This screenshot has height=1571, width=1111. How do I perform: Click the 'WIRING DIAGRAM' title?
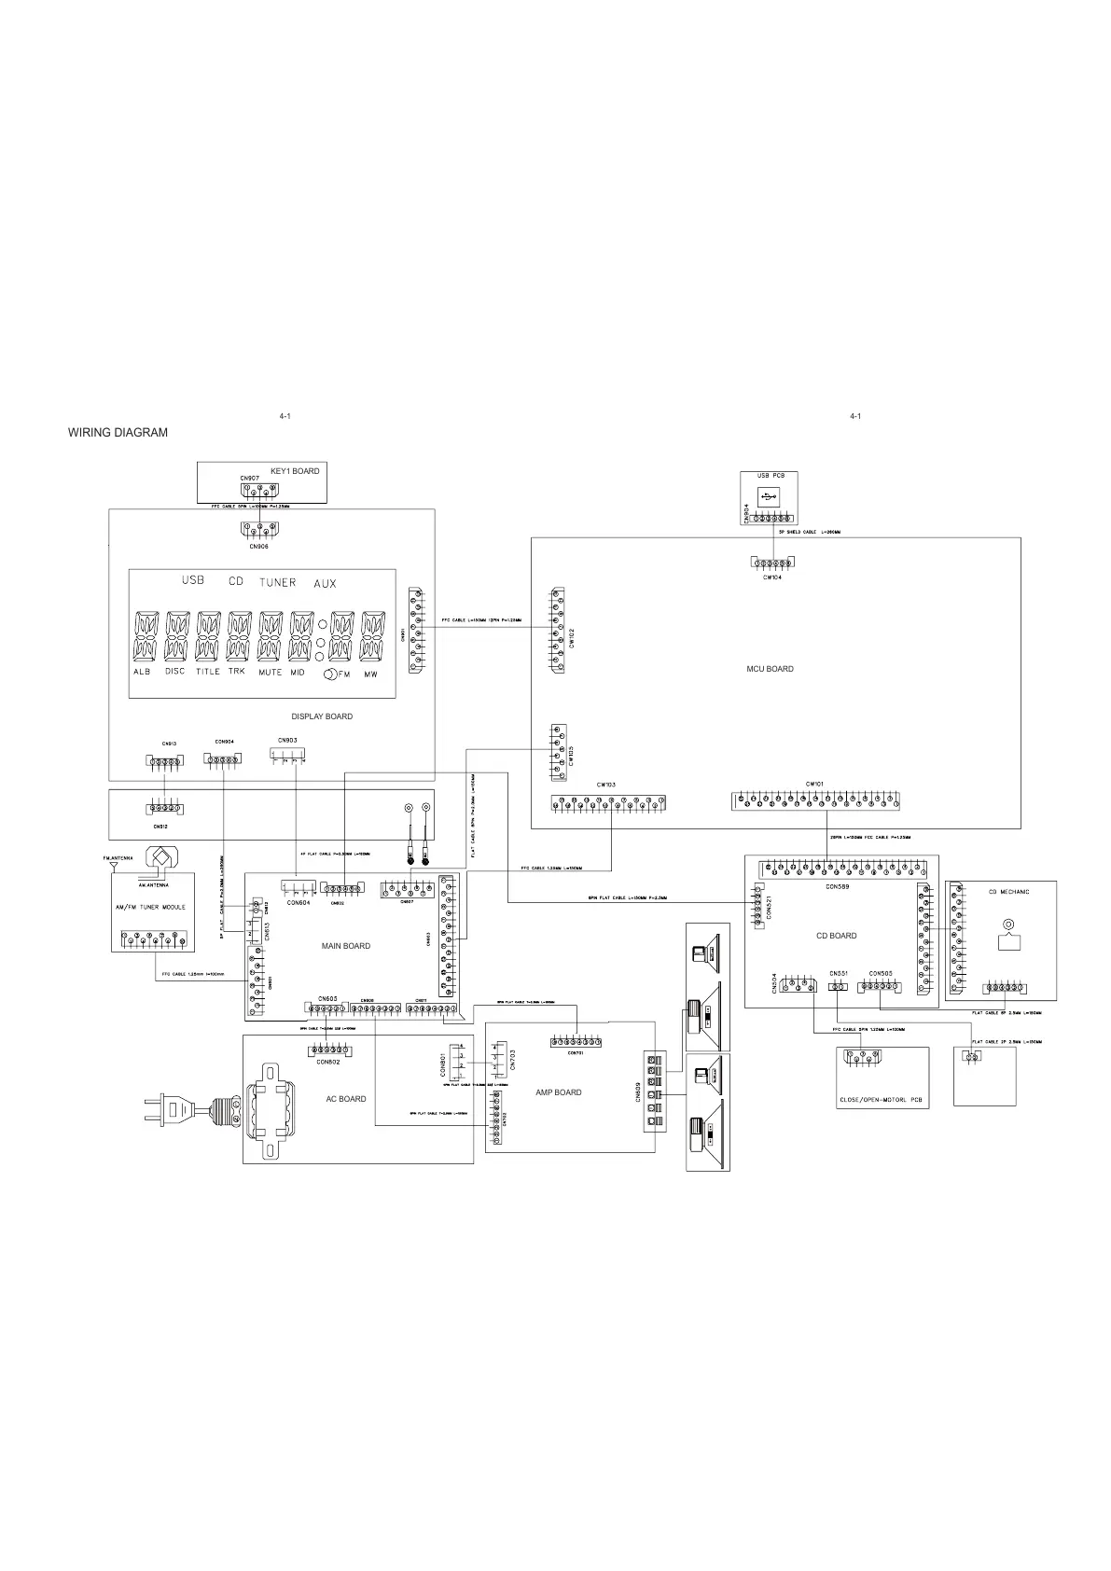pyautogui.click(x=118, y=433)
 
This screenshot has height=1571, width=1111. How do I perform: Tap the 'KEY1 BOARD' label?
pyautogui.click(x=295, y=471)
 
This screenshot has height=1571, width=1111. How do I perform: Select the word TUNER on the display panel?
pyautogui.click(x=277, y=582)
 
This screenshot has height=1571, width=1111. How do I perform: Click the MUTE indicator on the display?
pyautogui.click(x=270, y=672)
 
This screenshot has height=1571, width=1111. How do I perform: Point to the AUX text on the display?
pyautogui.click(x=325, y=583)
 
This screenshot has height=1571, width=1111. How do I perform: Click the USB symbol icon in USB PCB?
pyautogui.click(x=767, y=497)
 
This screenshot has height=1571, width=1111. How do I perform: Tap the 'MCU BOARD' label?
pyautogui.click(x=770, y=669)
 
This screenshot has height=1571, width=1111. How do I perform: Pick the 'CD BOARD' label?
pyautogui.click(x=836, y=936)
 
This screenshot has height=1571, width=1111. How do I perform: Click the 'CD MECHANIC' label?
pyautogui.click(x=1008, y=892)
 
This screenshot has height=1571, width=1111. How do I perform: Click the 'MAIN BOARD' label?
pyautogui.click(x=346, y=946)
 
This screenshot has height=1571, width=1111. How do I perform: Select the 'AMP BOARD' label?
pyautogui.click(x=559, y=1092)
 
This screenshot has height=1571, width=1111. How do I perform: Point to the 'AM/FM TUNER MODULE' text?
pyautogui.click(x=149, y=907)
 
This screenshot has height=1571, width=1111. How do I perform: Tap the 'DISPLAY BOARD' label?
pyautogui.click(x=322, y=716)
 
